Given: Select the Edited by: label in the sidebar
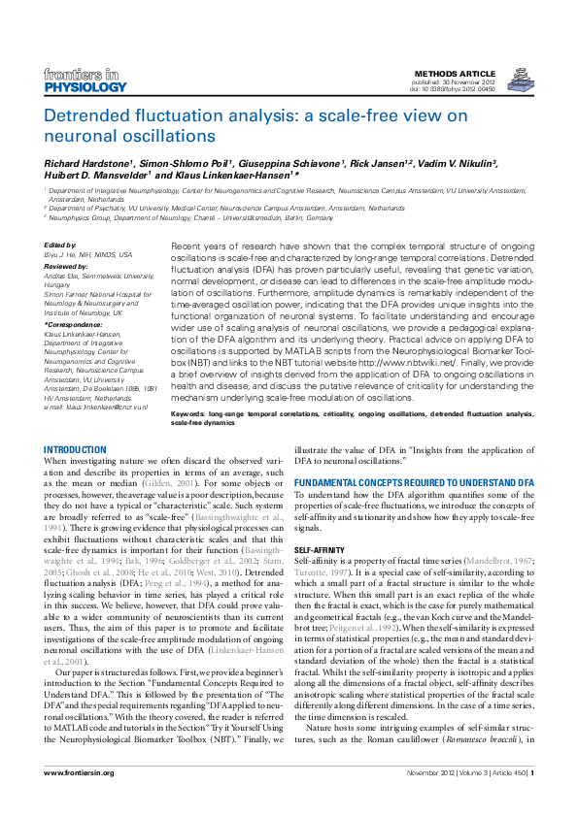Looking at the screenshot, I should [x=60, y=245].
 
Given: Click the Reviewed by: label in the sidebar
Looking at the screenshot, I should [x=65, y=264].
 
